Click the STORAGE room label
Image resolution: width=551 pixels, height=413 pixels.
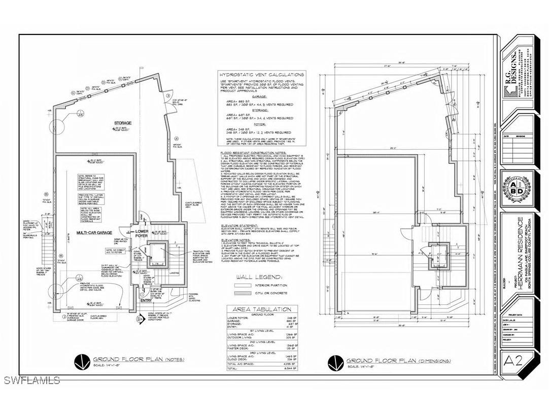(122, 123)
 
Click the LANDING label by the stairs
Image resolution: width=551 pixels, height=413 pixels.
(174, 272)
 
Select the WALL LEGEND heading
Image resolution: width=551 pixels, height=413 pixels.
(258, 277)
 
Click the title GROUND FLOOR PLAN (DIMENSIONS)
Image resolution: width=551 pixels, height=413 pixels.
(398, 361)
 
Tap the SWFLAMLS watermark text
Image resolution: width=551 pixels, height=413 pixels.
(30, 380)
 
